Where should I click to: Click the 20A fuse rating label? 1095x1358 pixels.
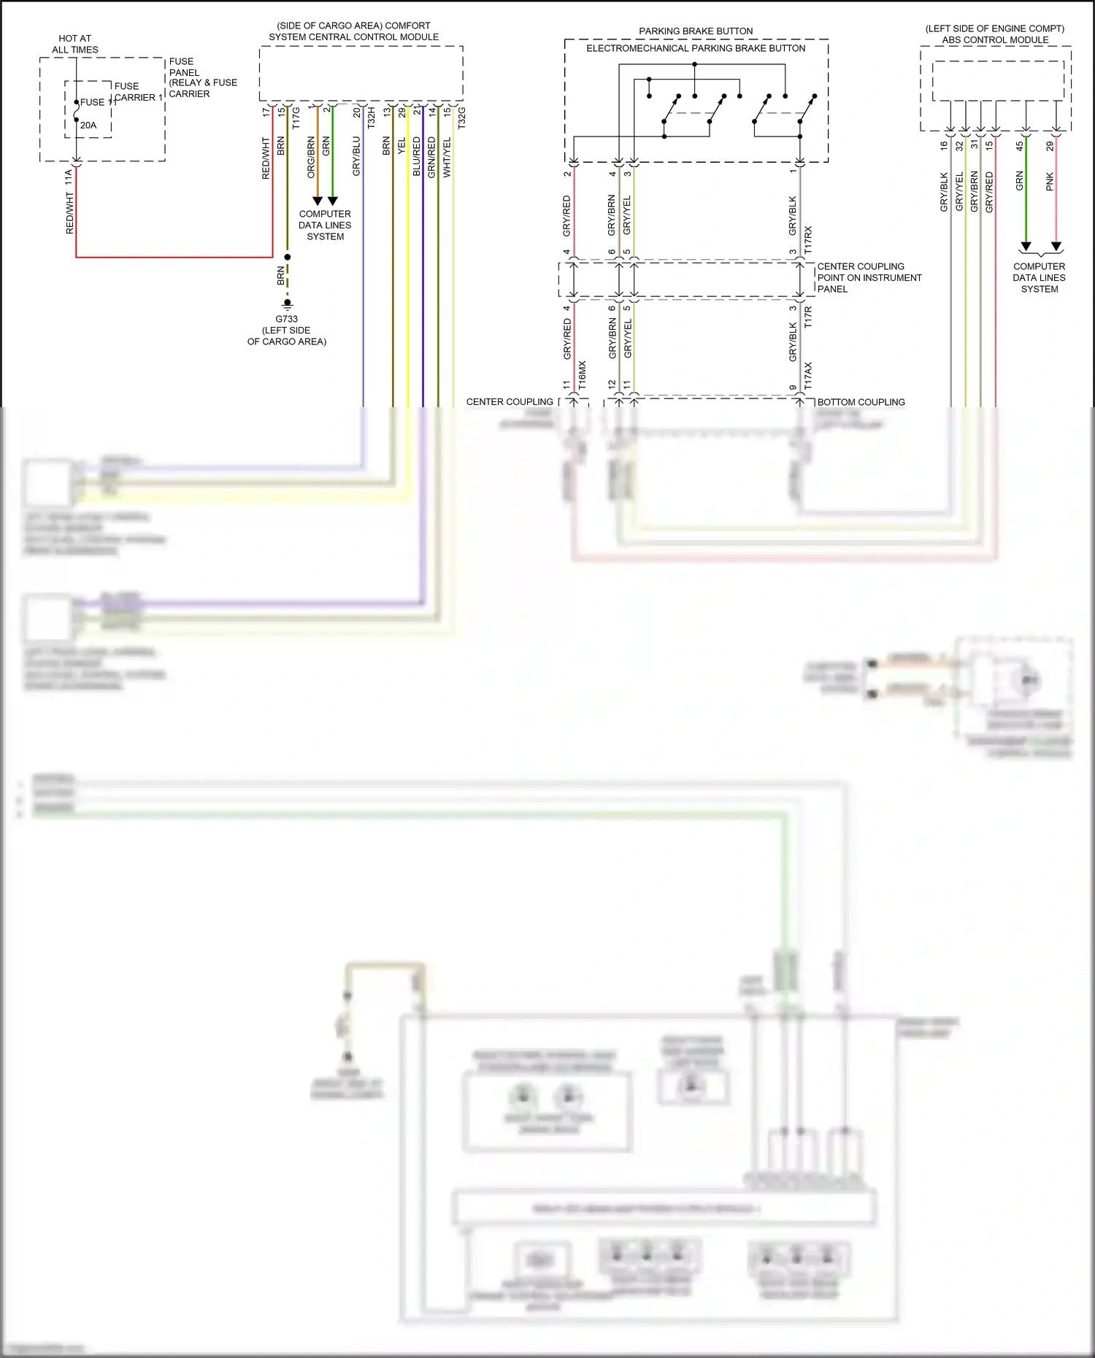point(88,126)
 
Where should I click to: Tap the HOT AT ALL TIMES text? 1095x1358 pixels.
point(75,44)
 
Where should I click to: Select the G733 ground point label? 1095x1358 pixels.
point(286,319)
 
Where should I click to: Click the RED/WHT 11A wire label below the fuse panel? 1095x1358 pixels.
point(70,203)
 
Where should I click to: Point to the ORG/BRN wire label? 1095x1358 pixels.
point(312,157)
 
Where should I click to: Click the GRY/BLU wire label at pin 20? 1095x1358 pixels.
point(356,155)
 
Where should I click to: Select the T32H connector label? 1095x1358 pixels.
point(371,118)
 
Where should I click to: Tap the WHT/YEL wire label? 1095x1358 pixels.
point(447,158)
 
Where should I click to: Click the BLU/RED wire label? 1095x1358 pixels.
point(416,156)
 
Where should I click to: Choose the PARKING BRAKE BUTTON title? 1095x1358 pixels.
point(696,31)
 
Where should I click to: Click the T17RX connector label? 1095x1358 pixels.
point(808,240)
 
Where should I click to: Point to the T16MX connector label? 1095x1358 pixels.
point(582,374)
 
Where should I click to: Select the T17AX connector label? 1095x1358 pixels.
point(808,375)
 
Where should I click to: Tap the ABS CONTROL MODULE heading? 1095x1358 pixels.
point(995,40)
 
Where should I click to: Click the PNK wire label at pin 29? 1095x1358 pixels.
point(1050,182)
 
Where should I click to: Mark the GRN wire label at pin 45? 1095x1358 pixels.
point(1020,182)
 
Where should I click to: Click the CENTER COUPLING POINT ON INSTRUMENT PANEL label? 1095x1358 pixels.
point(869,277)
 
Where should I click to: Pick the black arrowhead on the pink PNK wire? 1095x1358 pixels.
point(1056,247)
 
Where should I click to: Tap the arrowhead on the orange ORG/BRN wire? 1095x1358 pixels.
point(318,201)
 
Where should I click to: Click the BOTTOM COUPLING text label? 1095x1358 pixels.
point(861,402)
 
